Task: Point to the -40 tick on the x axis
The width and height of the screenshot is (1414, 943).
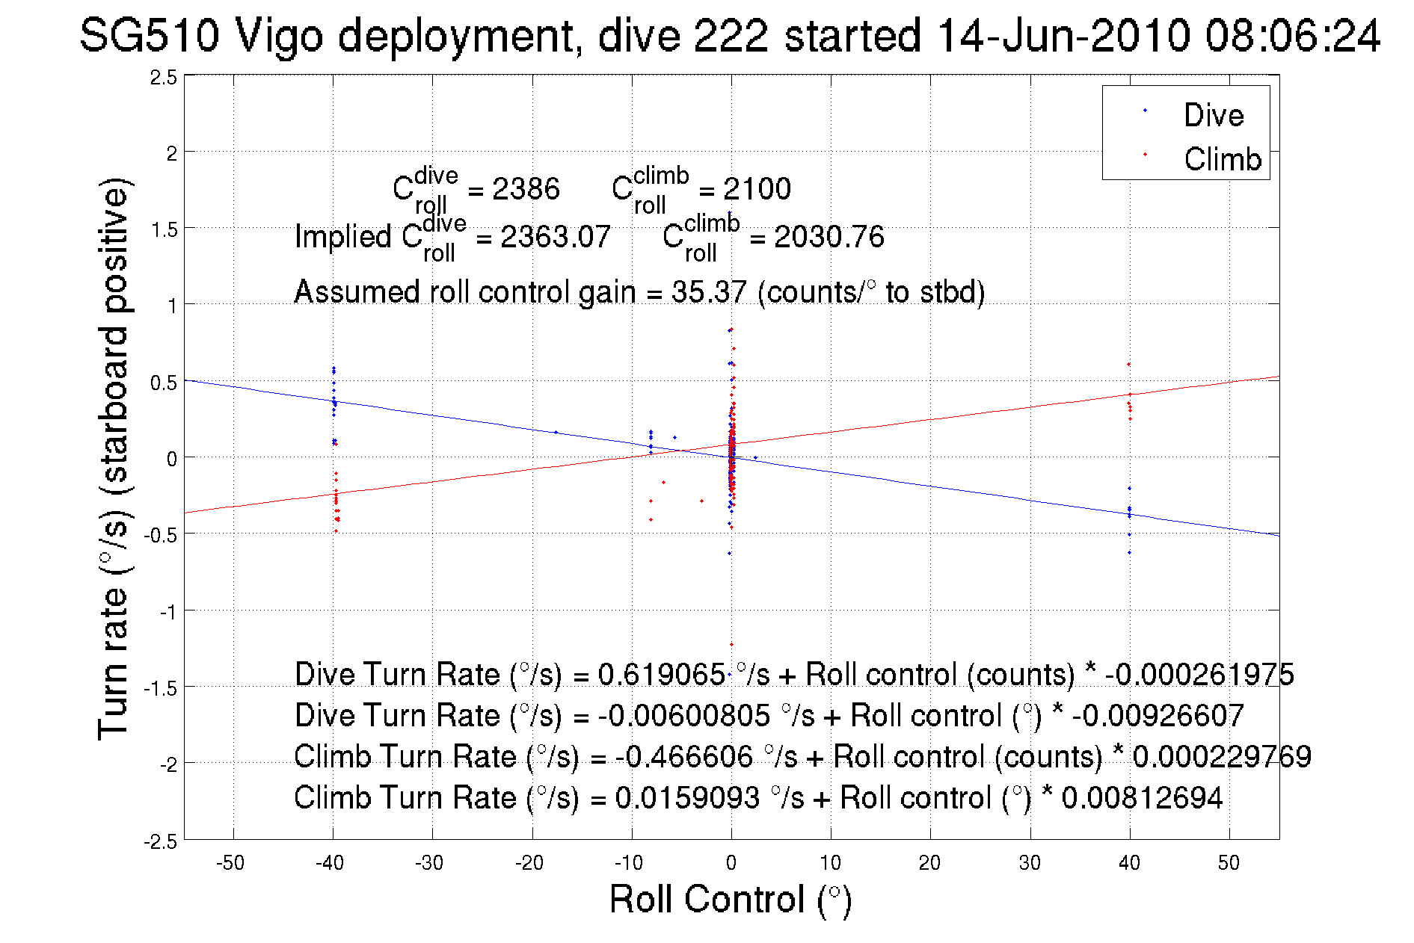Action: tap(330, 863)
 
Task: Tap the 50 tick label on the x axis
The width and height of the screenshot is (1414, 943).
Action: tap(1229, 863)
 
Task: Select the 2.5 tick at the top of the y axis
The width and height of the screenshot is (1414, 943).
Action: tap(164, 78)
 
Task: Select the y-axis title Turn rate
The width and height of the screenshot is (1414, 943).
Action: tap(114, 459)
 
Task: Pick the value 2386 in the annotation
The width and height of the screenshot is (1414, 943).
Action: tap(526, 189)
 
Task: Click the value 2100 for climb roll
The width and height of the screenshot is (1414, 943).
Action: tap(757, 189)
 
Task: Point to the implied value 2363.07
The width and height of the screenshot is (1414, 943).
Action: tap(555, 237)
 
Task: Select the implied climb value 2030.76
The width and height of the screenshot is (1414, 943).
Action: tap(829, 237)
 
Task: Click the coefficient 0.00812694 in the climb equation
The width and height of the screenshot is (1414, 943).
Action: tap(1142, 798)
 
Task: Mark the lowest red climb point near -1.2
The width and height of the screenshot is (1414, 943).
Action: tap(731, 644)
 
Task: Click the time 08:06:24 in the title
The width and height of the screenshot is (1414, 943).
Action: tap(1292, 36)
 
